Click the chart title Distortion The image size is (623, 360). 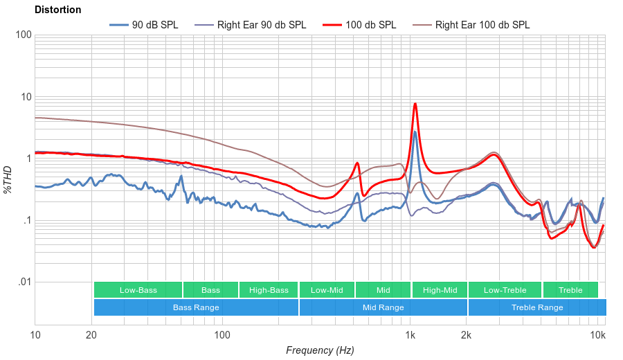(x=57, y=10)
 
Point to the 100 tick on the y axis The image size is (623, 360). (x=24, y=35)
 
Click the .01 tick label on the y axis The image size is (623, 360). (x=24, y=282)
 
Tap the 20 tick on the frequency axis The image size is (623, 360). (x=91, y=336)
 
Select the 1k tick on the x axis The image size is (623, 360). (x=410, y=336)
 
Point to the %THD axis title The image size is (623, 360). (x=8, y=179)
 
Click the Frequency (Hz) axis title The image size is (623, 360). (x=320, y=350)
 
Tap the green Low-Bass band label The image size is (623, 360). (x=138, y=290)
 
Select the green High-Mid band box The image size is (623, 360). (x=440, y=290)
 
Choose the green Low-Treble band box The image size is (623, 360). (x=505, y=290)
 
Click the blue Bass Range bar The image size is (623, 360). (x=196, y=307)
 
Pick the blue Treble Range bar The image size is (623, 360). (x=536, y=307)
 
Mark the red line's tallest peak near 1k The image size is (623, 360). (x=415, y=104)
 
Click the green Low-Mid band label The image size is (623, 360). (x=327, y=290)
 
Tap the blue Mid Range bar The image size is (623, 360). (x=383, y=307)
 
